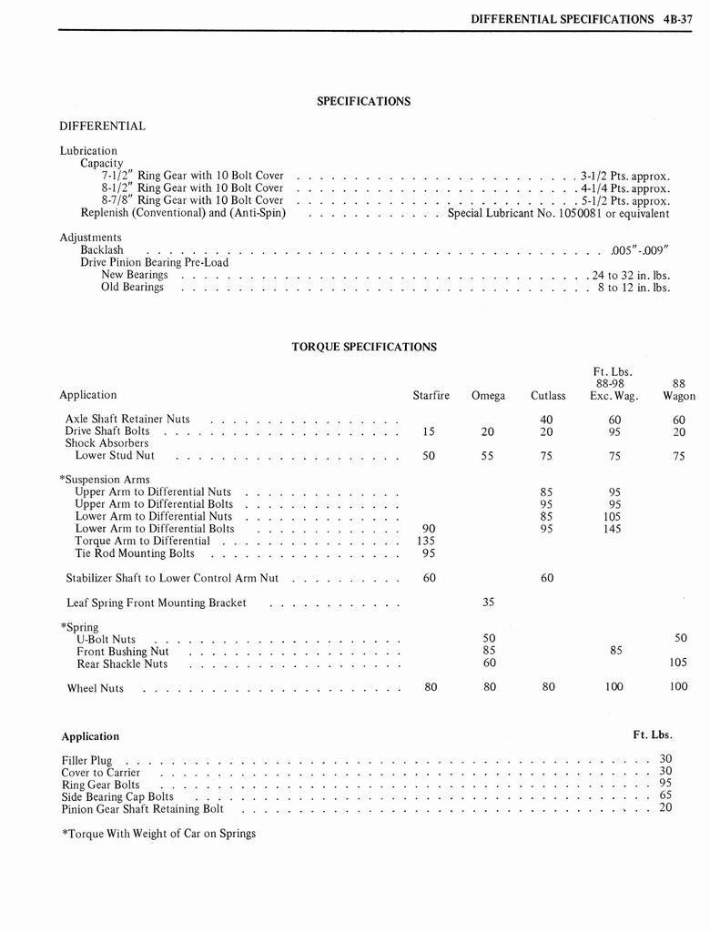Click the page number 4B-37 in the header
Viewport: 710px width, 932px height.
[677, 18]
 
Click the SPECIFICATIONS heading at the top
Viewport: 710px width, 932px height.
[363, 101]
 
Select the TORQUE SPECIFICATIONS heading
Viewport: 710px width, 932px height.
[363, 347]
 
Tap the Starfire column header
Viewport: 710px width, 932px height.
[431, 395]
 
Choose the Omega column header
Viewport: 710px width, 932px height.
[488, 395]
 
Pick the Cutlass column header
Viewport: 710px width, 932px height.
[548, 395]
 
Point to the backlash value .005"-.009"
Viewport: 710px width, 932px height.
[640, 249]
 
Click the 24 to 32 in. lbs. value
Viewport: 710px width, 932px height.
[631, 274]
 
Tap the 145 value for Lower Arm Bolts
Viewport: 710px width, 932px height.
[612, 528]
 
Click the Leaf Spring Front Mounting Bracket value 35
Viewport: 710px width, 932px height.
[488, 602]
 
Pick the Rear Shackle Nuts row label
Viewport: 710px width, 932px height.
[122, 664]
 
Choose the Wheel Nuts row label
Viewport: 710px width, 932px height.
[95, 688]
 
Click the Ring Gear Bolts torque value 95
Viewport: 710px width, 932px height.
[664, 783]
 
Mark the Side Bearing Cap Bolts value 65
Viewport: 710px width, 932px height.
[664, 795]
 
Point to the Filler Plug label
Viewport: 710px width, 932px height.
[86, 760]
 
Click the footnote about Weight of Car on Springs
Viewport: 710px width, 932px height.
[158, 833]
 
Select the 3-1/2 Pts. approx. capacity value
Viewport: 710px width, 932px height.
[625, 176]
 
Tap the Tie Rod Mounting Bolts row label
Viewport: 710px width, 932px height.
[134, 552]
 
